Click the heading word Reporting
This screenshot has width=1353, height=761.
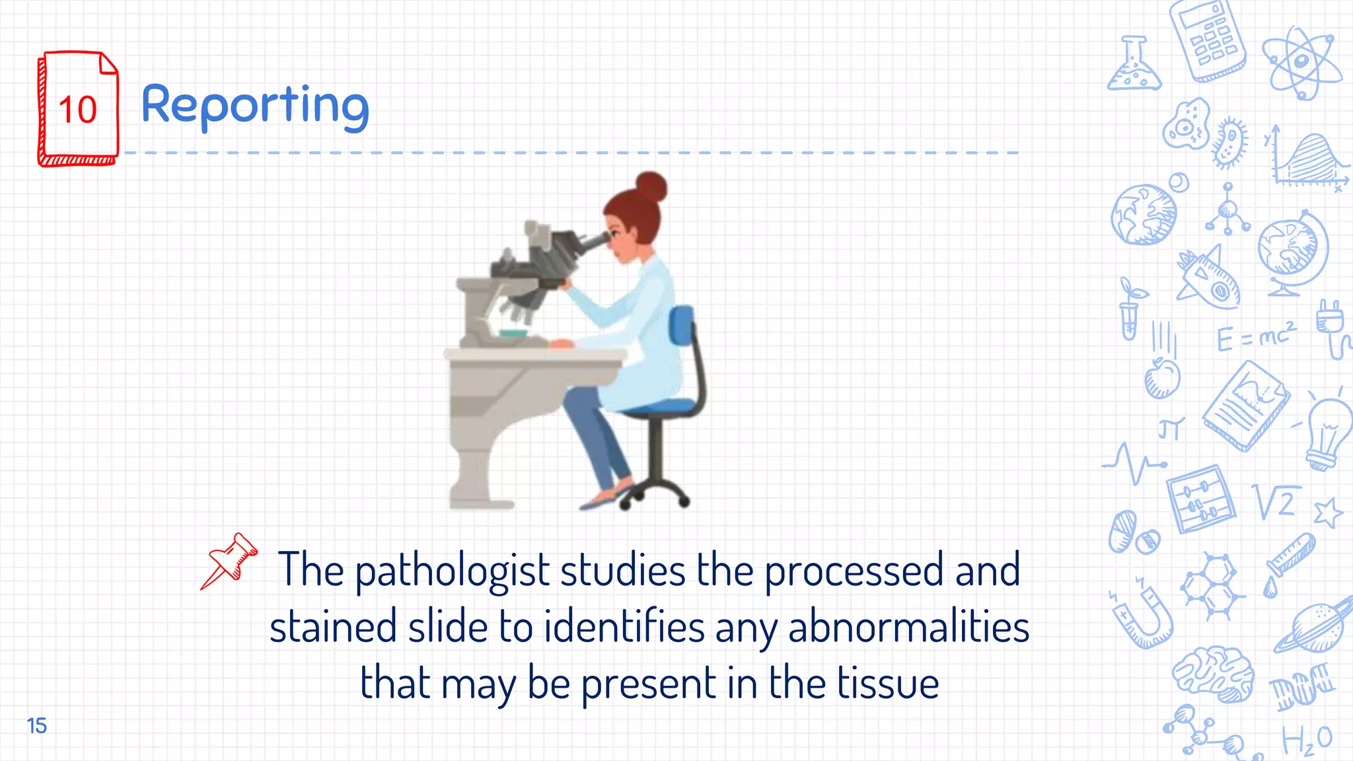point(255,106)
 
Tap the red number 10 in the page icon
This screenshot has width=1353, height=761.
point(78,110)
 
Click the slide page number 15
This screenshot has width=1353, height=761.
point(37,725)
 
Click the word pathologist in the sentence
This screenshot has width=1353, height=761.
point(452,569)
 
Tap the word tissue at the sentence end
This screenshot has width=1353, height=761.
point(888,683)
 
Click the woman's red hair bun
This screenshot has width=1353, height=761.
point(651,186)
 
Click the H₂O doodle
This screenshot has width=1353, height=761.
point(1307,740)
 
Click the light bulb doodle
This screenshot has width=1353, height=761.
point(1328,433)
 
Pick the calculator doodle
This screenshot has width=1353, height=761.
point(1208,40)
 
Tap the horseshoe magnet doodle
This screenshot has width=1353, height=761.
point(1143,614)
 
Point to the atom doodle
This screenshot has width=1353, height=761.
point(1301,63)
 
